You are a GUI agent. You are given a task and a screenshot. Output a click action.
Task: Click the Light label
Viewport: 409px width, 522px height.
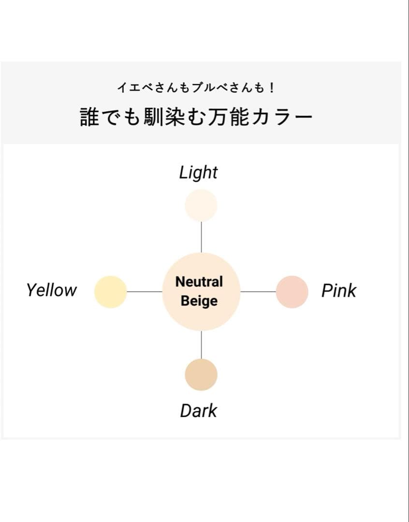pyautogui.click(x=198, y=173)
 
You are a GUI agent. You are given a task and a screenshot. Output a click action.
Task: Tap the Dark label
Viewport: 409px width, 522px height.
pyautogui.click(x=199, y=411)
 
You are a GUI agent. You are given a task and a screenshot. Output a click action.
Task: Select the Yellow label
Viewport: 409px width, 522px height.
pyautogui.click(x=52, y=290)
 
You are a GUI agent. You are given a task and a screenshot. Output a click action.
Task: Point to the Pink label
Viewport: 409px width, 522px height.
pyautogui.click(x=339, y=290)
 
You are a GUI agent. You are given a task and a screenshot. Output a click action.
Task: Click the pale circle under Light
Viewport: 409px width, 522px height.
pyautogui.click(x=201, y=205)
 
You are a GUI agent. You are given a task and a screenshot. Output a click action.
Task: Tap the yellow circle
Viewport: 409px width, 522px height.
pyautogui.click(x=111, y=292)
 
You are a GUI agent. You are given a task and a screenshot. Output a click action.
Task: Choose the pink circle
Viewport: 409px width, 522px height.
pyautogui.click(x=292, y=292)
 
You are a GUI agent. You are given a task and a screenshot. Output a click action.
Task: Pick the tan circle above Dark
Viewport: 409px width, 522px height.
pyautogui.click(x=201, y=375)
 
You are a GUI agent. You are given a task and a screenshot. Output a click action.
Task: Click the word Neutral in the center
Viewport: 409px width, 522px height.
pyautogui.click(x=199, y=282)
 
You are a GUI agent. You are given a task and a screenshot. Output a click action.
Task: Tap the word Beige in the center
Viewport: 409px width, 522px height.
pyautogui.click(x=199, y=301)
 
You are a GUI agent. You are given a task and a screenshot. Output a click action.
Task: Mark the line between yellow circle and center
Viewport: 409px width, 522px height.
pyautogui.click(x=145, y=291)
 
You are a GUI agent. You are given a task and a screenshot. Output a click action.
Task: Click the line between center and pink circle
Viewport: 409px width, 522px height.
pyautogui.click(x=258, y=291)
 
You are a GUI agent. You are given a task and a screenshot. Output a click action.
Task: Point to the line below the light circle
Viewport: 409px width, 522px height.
pyautogui.click(x=201, y=237)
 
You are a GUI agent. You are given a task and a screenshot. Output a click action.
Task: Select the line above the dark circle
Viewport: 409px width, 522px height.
pyautogui.click(x=201, y=345)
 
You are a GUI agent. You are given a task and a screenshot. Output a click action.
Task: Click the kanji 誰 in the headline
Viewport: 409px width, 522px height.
pyautogui.click(x=90, y=117)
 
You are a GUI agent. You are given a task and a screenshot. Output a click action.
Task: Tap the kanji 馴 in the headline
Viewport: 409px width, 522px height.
pyautogui.click(x=154, y=117)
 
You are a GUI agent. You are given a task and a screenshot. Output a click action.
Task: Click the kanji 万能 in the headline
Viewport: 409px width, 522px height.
pyautogui.click(x=228, y=117)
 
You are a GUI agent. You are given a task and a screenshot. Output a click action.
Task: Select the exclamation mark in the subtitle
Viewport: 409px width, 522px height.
pyautogui.click(x=272, y=88)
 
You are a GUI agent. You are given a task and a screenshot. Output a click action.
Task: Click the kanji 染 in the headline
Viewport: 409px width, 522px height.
pyautogui.click(x=175, y=117)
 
